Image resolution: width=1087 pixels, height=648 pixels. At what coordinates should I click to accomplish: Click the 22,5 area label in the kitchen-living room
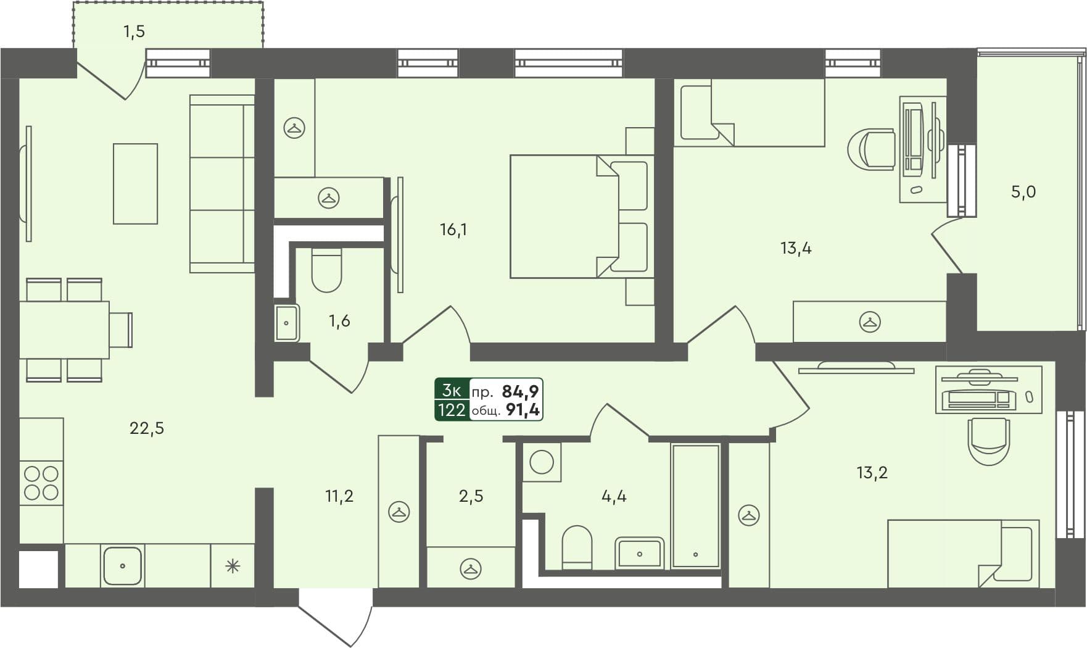coord(147,428)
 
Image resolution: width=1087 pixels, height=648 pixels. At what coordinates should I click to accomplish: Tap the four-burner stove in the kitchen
coord(41,483)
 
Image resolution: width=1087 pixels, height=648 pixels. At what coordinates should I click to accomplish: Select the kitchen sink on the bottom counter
coord(122,565)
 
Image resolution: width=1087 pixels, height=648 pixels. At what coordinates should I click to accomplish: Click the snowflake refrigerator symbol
coord(233,566)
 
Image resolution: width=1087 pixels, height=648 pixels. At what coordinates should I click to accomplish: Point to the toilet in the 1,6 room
coord(326,270)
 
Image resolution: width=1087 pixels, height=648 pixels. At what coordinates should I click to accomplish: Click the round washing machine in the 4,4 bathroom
coord(542,462)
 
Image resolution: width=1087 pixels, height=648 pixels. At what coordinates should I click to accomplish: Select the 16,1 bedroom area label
coord(453,230)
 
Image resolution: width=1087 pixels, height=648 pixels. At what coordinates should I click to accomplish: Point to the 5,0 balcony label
coord(1023,192)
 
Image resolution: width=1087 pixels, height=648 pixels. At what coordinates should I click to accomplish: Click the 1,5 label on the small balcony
coord(134,31)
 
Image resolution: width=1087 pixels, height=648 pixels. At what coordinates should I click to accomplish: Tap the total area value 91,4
coord(523,410)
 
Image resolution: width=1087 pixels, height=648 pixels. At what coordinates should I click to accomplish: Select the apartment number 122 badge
coord(452,410)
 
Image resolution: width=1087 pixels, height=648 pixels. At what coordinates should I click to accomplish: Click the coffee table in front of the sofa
coord(135,184)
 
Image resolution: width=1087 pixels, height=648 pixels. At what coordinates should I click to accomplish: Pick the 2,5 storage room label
coord(471,496)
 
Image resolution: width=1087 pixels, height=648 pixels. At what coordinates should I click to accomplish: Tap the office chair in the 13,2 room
coord(988,439)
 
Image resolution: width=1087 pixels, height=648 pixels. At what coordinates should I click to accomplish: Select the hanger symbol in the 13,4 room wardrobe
coord(870,322)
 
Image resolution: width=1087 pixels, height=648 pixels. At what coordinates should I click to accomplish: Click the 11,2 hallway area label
coord(339,496)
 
